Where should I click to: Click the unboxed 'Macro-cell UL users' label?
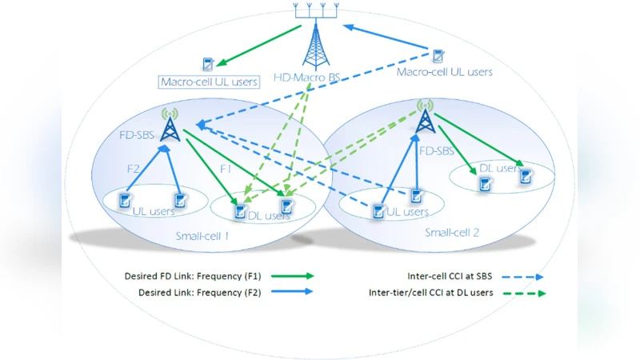(445, 72)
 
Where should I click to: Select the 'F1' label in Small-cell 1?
(226, 170)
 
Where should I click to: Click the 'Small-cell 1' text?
(202, 236)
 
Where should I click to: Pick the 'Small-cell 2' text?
(452, 233)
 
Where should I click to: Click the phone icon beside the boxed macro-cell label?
(208, 63)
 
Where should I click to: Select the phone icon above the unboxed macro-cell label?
(438, 55)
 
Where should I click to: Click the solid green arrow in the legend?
(293, 275)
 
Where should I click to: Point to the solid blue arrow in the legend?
(293, 293)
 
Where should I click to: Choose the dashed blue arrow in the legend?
(523, 276)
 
